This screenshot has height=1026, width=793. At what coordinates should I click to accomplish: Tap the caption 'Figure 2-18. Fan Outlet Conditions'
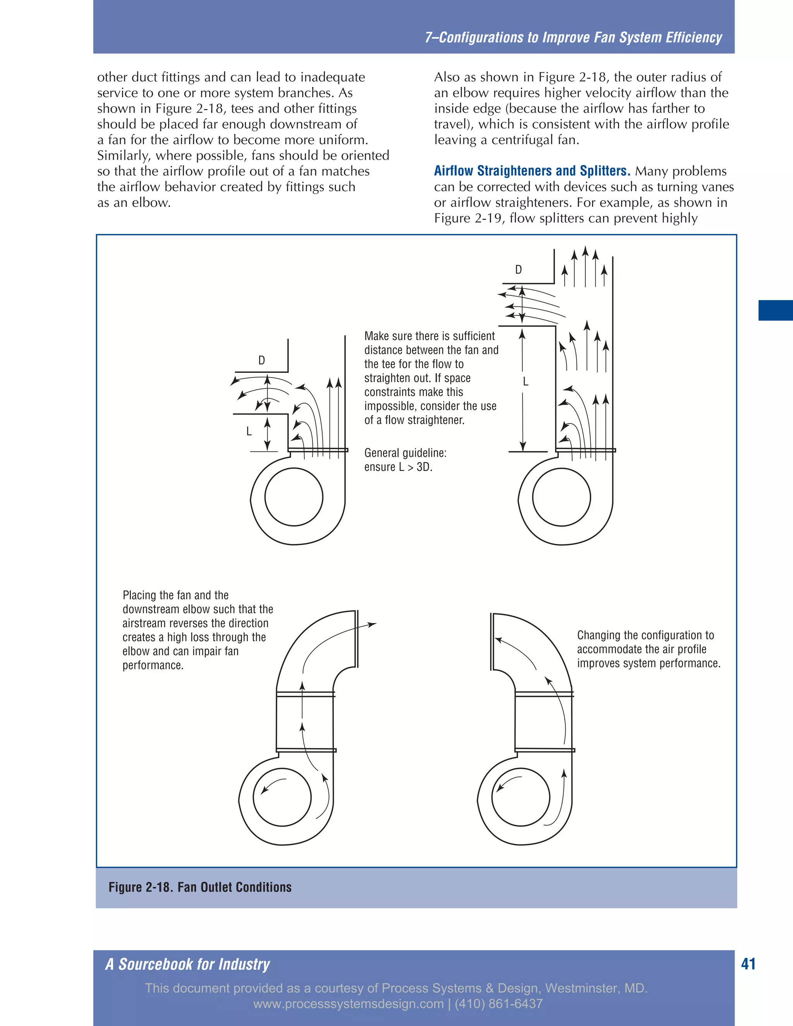tap(200, 887)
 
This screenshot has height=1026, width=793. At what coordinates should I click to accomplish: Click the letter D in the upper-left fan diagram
tap(262, 360)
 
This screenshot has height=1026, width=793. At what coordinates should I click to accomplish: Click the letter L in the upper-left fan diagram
tap(249, 431)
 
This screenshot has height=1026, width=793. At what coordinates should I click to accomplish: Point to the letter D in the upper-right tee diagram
tap(518, 269)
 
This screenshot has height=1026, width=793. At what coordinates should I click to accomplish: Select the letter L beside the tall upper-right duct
tap(526, 381)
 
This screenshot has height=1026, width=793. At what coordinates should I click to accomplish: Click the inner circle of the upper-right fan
tap(561, 497)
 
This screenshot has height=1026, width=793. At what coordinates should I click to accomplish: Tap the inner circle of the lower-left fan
tap(282, 797)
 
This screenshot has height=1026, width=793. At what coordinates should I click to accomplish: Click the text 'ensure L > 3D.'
tap(398, 467)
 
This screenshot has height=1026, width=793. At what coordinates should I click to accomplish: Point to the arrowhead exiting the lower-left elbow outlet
tap(372, 625)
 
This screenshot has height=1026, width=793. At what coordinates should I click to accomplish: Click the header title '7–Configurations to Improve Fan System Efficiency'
tap(573, 38)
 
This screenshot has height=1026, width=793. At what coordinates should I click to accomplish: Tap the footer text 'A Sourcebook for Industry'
tap(187, 964)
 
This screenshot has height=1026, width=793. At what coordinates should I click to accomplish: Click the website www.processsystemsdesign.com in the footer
tap(348, 1004)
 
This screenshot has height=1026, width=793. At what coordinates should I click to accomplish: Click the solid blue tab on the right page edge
tap(775, 310)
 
